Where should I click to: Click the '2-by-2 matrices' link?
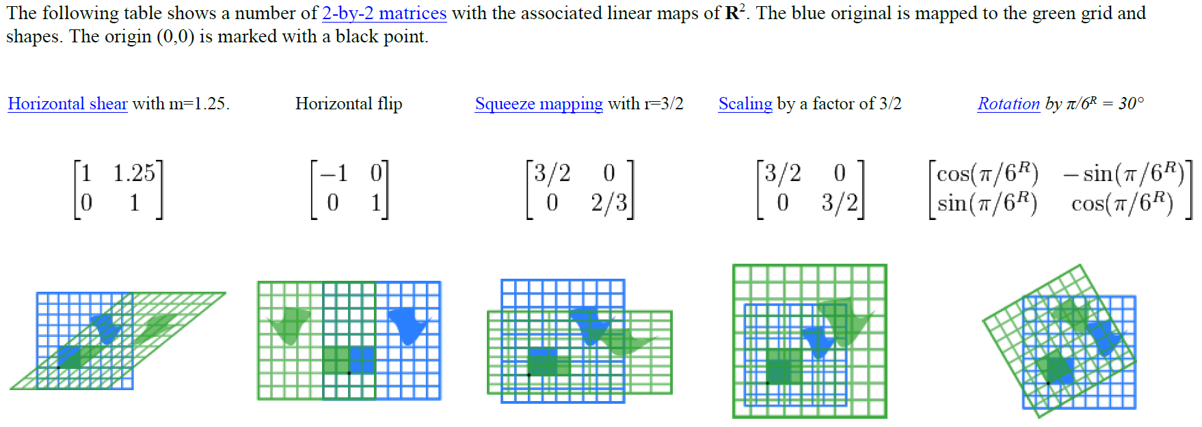[384, 13]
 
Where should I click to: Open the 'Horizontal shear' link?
[67, 104]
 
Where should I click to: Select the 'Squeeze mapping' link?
[539, 104]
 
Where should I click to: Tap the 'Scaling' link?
[745, 104]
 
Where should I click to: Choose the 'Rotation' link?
[1008, 104]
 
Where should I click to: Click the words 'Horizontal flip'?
[349, 104]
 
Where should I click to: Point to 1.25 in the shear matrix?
[134, 174]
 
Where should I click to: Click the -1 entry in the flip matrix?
[334, 174]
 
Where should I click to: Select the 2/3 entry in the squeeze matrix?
[609, 203]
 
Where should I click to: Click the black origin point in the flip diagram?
[349, 373]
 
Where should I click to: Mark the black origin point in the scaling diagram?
[767, 383]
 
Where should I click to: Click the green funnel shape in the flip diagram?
[290, 324]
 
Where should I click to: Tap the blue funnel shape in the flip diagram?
[408, 324]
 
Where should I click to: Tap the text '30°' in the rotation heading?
[1131, 104]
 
